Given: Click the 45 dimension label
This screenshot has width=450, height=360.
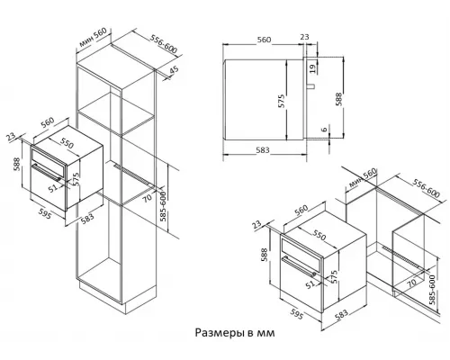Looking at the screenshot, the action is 174,70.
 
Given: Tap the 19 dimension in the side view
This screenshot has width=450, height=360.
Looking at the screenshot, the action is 312,68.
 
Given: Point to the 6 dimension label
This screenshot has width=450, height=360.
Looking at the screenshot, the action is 324,130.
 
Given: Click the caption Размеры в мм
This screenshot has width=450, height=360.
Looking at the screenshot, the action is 235,333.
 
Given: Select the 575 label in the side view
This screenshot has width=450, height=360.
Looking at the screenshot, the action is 281,101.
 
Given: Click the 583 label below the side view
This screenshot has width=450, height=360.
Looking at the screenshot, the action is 263,149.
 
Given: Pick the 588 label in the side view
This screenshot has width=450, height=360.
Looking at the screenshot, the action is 338,99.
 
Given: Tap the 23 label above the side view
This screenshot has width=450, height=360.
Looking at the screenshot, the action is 304,37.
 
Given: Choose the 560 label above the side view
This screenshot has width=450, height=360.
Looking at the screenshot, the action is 264,40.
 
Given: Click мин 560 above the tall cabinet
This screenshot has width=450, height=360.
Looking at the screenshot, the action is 93,38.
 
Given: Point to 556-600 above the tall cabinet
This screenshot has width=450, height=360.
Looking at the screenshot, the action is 164,44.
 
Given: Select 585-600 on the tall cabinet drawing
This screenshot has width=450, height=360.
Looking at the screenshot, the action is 163,206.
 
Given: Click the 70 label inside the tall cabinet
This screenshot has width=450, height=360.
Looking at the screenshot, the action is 148,197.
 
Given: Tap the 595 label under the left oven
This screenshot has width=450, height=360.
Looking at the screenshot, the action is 45,213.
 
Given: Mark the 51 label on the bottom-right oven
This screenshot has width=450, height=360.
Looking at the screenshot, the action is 310,284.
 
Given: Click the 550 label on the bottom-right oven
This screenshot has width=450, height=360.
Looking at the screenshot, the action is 319,235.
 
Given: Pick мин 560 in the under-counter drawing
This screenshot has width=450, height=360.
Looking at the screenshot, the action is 363,177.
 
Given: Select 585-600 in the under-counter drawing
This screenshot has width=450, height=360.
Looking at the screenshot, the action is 432,290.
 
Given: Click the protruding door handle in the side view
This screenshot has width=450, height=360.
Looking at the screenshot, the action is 310,86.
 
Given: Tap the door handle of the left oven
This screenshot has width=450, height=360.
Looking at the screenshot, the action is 47,173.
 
